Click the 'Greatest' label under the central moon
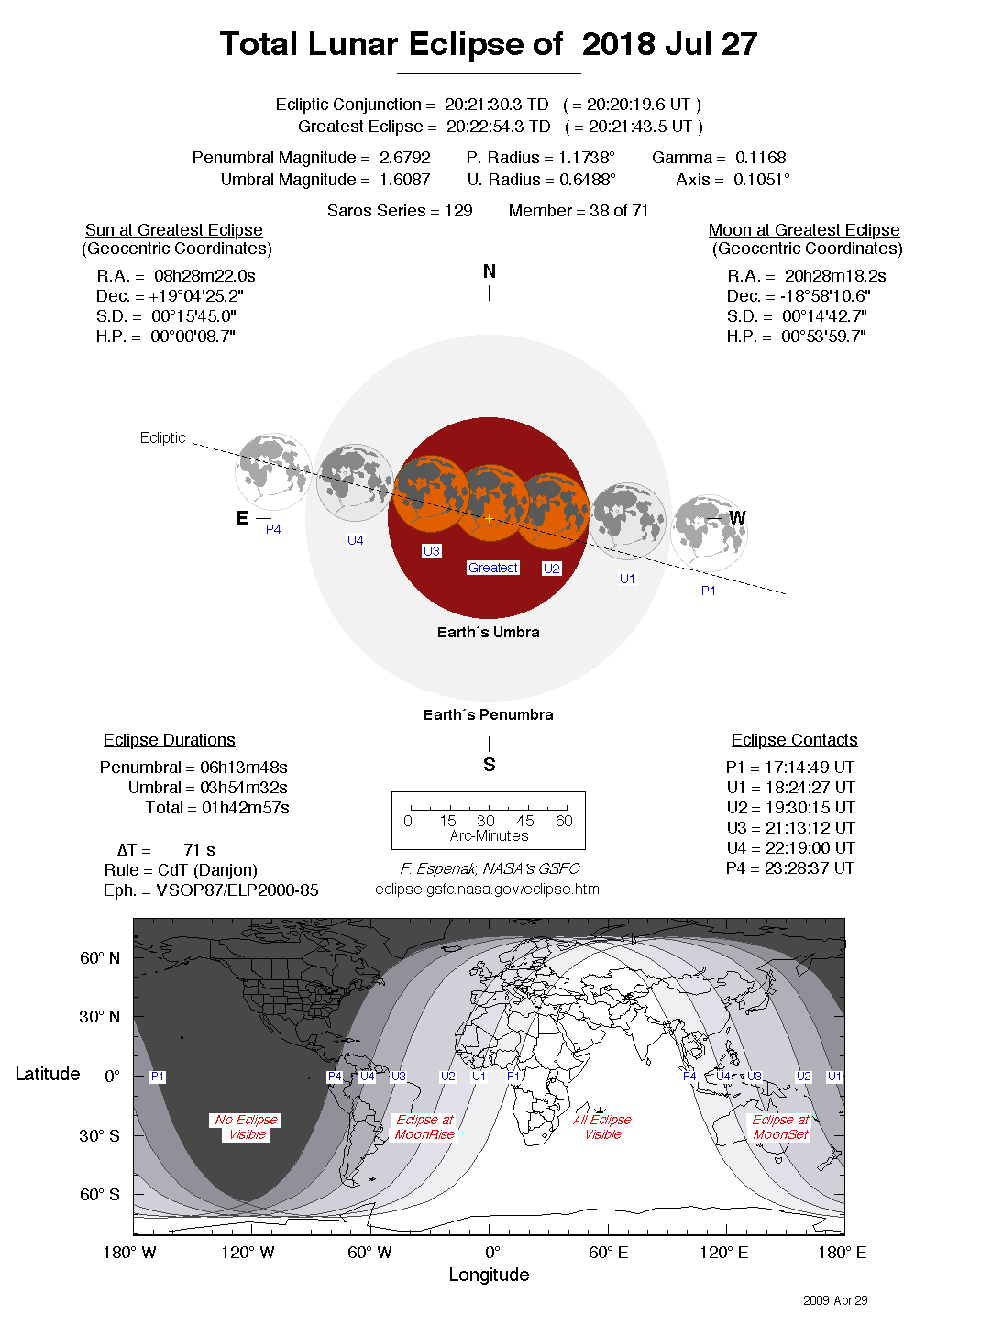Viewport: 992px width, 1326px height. [x=493, y=568]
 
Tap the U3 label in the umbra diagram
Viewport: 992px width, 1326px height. [x=432, y=551]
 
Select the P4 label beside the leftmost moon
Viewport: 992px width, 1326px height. [x=273, y=529]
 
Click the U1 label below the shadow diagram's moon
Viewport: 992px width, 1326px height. [x=627, y=579]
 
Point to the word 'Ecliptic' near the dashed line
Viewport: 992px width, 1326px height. [x=163, y=437]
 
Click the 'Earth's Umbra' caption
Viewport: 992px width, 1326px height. [x=488, y=632]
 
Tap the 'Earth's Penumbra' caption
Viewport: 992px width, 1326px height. [x=488, y=714]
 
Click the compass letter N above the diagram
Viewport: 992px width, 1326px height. [x=490, y=271]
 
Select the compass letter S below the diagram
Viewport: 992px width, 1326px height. [x=490, y=765]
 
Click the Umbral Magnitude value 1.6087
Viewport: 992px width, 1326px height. [x=404, y=180]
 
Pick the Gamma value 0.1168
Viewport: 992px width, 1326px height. [x=759, y=158]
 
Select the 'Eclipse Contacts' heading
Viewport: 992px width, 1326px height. [x=794, y=740]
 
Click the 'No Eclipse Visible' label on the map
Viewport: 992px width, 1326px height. [x=247, y=1127]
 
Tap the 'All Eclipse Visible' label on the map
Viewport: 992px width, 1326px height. [x=602, y=1127]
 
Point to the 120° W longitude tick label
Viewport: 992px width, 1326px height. [x=248, y=1253]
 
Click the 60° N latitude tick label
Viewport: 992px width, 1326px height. [x=100, y=958]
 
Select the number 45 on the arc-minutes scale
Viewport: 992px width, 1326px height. [x=525, y=821]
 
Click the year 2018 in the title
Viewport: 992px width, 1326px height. [x=619, y=44]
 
